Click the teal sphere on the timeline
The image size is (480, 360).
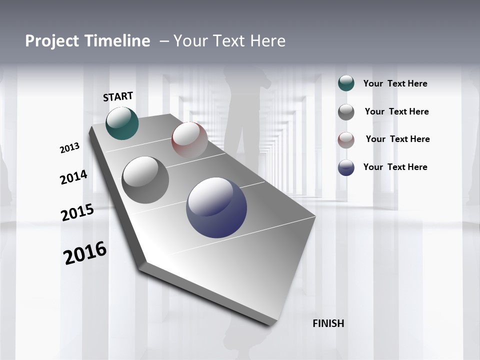pos(122,123)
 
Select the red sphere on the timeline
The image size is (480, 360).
pos(189,140)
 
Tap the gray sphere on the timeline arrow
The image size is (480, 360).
pos(145,180)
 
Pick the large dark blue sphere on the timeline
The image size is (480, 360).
pos(216,207)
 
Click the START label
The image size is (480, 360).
pos(118,96)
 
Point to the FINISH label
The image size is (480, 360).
pos(328,323)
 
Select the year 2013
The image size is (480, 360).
pos(69,148)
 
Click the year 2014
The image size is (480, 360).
pos(73,177)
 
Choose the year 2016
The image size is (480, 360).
pos(85,253)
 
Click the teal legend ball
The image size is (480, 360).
pos(346,83)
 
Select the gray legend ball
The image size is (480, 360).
pos(346,112)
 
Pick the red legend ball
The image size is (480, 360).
pos(346,140)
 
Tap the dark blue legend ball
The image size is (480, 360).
pos(346,168)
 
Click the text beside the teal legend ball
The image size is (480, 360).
pos(395,83)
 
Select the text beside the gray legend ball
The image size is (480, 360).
pos(396,111)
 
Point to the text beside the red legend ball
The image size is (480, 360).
pos(397,139)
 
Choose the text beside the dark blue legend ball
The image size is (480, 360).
pos(395,167)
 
